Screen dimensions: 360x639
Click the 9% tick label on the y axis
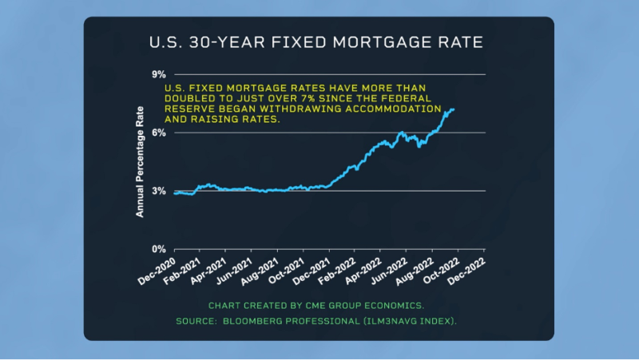point(158,74)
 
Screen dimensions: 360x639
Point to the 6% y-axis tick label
point(158,133)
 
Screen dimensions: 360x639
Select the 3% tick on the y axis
point(158,191)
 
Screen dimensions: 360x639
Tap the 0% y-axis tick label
point(158,249)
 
